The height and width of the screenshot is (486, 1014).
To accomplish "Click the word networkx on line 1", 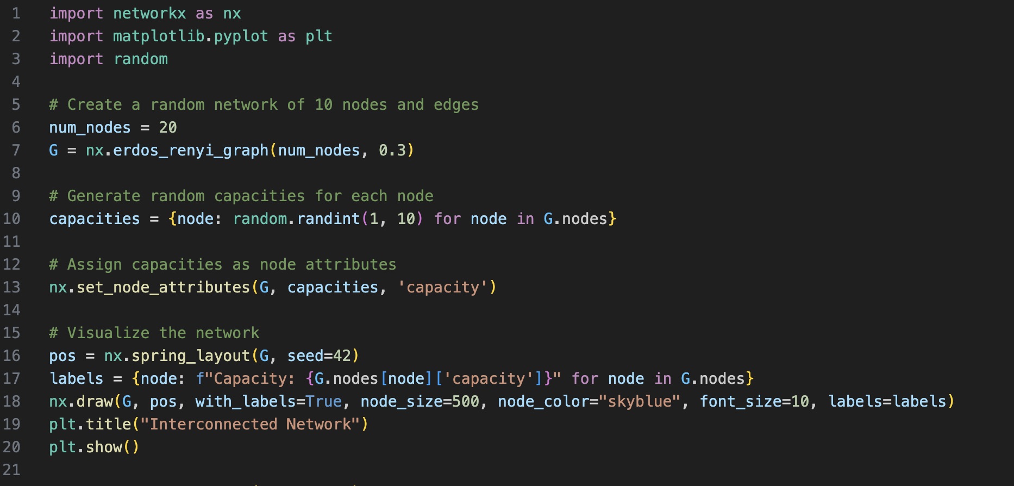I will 149,14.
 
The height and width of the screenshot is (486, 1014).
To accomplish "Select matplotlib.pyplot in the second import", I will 190,36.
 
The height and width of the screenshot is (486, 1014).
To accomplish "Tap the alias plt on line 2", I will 318,36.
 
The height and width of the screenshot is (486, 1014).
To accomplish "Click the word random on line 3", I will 141,59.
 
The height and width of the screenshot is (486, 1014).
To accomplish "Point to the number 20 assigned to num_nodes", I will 167,128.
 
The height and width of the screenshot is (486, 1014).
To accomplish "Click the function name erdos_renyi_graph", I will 190,151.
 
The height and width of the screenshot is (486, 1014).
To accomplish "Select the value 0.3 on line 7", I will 392,151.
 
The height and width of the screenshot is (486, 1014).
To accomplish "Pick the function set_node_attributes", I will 163,288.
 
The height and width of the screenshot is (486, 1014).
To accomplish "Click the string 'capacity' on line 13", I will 443,288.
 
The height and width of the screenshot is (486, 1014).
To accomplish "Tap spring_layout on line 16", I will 190,356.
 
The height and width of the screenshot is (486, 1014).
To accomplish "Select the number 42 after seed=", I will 342,356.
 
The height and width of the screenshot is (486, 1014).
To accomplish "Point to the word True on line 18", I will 324,402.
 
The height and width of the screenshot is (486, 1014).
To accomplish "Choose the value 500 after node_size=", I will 466,402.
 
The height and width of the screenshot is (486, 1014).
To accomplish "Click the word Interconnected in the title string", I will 213,425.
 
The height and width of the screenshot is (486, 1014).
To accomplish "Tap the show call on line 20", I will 104,447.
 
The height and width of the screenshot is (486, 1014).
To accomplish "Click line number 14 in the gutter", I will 12,310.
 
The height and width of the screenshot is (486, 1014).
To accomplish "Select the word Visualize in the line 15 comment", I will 108,333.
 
